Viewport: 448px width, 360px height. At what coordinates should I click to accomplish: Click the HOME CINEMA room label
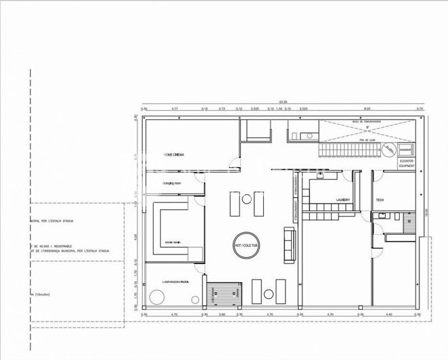click(174, 155)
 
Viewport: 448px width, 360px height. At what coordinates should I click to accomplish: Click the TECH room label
click(380, 200)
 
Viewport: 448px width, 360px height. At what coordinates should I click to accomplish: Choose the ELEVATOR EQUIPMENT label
click(407, 163)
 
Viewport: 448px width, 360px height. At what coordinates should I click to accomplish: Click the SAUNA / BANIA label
click(173, 242)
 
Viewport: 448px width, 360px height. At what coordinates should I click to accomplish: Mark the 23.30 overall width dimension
click(280, 102)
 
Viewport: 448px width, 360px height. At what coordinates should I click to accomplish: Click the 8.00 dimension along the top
click(367, 108)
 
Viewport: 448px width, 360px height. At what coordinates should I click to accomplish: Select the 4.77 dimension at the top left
click(174, 108)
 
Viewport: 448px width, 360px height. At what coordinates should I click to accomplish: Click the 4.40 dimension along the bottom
click(390, 315)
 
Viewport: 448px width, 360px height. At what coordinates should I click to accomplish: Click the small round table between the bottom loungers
click(269, 294)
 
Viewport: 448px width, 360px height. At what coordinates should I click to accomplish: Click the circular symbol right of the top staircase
click(388, 150)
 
